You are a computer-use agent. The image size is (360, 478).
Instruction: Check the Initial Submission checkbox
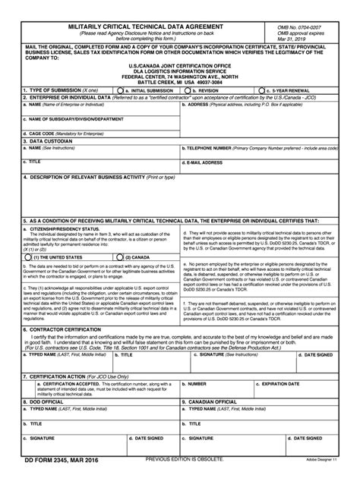click(120, 90)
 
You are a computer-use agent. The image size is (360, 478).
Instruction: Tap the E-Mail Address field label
click(203, 162)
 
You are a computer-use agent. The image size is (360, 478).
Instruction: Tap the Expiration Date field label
click(280, 383)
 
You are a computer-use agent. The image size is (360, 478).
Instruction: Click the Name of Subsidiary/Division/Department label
click(72, 118)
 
